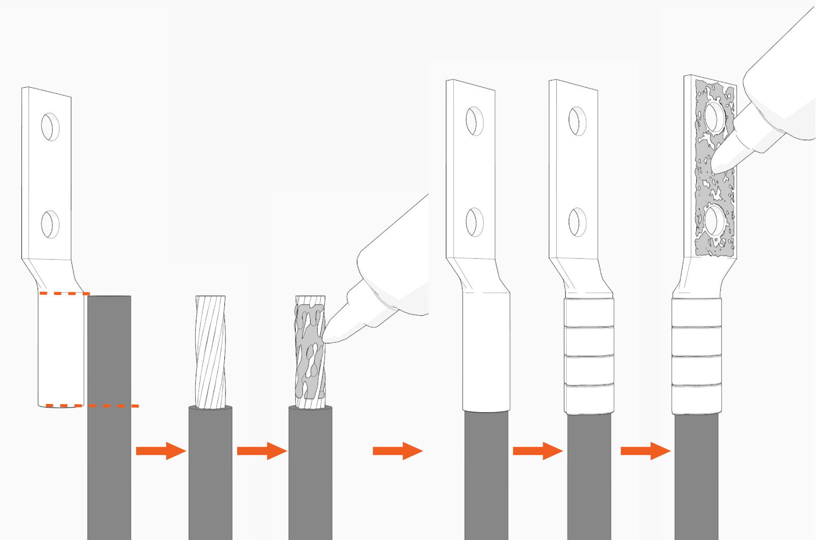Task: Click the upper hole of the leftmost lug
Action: point(50,126)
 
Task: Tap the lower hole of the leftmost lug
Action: point(49,224)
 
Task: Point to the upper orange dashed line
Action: point(64,293)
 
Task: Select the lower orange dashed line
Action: point(92,406)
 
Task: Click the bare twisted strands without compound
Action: point(210,352)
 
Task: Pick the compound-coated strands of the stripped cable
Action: point(310,352)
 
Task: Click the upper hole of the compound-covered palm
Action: point(715,116)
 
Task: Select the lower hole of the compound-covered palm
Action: point(715,221)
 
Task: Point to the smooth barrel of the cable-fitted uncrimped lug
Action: point(486,352)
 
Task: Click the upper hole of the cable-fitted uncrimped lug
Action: point(474,121)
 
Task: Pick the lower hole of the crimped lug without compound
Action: point(577,222)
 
